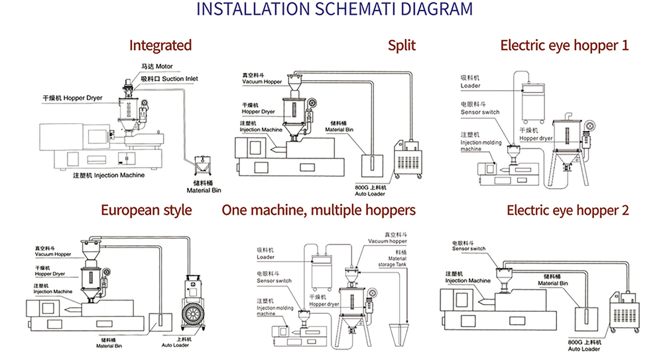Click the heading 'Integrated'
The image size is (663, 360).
(x=160, y=45)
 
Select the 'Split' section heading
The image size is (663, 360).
(x=401, y=45)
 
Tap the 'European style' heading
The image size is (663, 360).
(x=146, y=210)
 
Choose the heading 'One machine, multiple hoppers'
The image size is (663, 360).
(x=318, y=210)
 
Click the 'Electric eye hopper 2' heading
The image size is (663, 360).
(x=568, y=210)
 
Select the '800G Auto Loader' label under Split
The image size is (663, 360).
(x=370, y=190)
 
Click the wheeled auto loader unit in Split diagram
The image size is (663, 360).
(x=408, y=160)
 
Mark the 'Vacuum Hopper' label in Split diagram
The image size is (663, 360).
(x=262, y=79)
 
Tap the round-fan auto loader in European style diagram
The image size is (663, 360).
(x=193, y=309)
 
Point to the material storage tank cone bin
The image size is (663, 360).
(x=399, y=334)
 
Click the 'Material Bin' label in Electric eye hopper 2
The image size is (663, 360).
(x=552, y=280)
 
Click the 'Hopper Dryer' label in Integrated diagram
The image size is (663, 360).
(x=72, y=98)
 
